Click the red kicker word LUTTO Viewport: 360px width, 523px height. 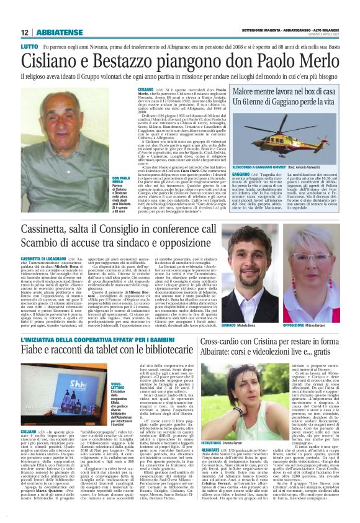click(x=29, y=47)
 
